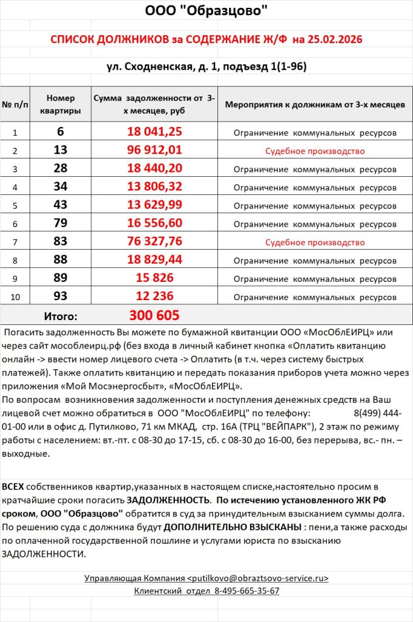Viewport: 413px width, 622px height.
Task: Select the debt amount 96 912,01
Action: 154,151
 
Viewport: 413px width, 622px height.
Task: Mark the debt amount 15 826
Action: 154,279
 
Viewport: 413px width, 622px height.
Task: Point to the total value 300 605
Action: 154,315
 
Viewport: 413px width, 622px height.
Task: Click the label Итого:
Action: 60,316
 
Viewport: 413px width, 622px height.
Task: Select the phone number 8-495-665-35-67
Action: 247,590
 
